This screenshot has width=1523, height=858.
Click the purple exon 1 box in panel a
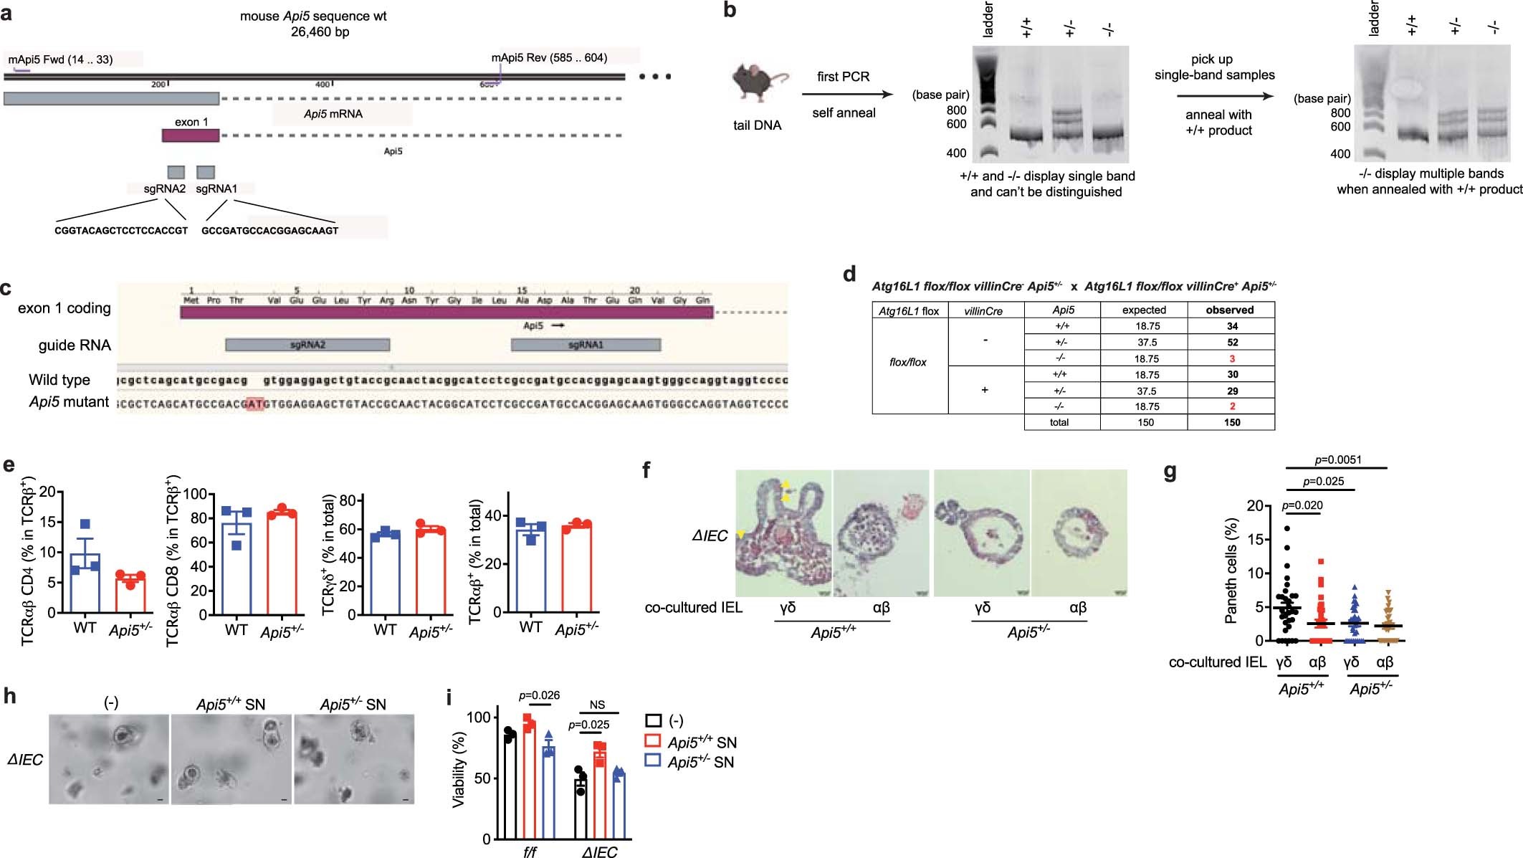(x=190, y=135)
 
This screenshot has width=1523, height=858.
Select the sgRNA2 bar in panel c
(x=307, y=345)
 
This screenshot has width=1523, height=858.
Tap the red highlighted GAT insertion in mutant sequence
(x=254, y=404)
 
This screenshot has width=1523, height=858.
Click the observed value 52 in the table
(x=1232, y=343)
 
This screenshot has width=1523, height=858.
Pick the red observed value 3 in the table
(x=1232, y=359)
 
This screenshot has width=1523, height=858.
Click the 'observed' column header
(x=1229, y=310)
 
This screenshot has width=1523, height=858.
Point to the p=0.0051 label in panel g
(x=1338, y=460)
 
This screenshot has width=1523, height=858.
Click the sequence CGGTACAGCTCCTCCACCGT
(x=121, y=231)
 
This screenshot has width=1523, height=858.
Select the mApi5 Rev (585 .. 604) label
(x=549, y=58)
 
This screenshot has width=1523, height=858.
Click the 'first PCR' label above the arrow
(x=843, y=77)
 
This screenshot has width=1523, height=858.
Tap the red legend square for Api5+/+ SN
(x=652, y=740)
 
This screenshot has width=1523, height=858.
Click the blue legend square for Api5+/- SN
(x=652, y=761)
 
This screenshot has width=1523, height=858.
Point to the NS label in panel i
(x=597, y=705)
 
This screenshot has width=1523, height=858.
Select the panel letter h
(x=10, y=696)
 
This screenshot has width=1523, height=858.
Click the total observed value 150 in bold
(x=1232, y=423)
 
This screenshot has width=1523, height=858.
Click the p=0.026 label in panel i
(x=539, y=695)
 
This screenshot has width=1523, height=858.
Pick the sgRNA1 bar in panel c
(x=586, y=345)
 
